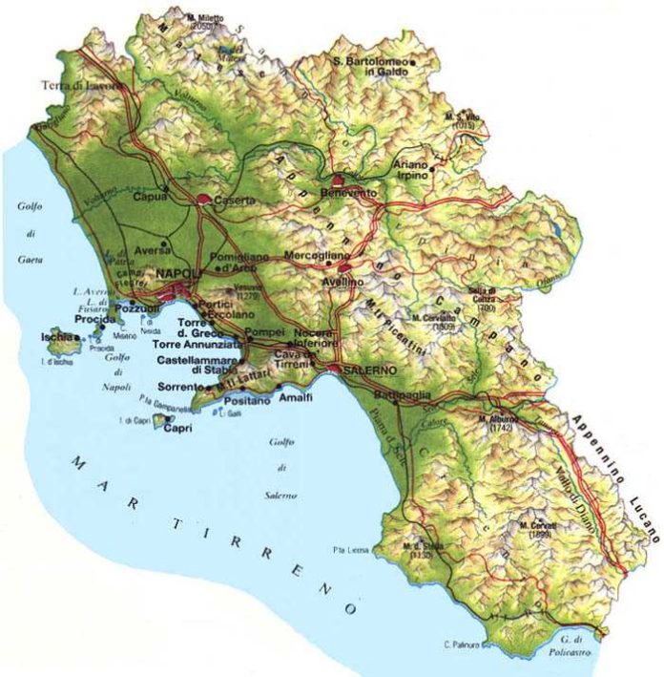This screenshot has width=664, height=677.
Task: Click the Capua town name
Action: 151,197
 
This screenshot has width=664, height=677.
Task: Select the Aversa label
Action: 152,248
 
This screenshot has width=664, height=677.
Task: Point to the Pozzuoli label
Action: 135,311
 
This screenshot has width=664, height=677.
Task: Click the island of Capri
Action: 177,429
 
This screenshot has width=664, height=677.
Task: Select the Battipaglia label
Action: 407,394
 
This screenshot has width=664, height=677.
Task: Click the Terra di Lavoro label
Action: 81,86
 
